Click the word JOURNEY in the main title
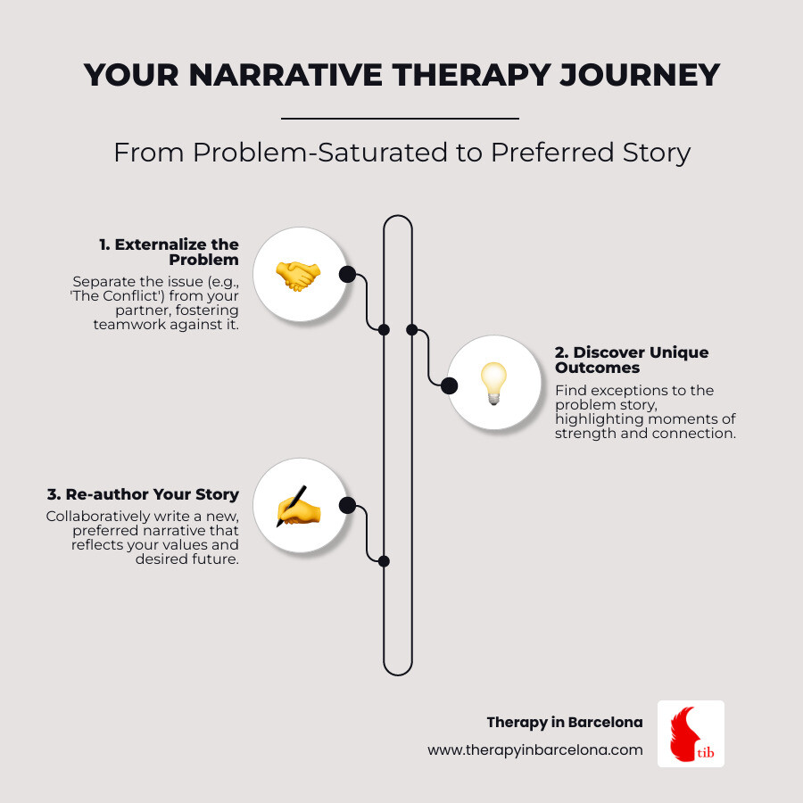[x=639, y=75]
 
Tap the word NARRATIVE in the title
[x=286, y=75]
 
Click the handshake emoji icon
[x=298, y=276]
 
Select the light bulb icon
[x=493, y=383]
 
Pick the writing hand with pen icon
[x=298, y=507]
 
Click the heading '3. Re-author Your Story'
[x=143, y=494]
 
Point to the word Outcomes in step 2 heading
[x=597, y=368]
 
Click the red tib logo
[x=691, y=733]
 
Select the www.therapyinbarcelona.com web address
[x=535, y=750]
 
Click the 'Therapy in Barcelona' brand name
[x=565, y=723]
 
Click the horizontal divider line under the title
[x=400, y=119]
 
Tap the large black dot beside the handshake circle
[x=348, y=275]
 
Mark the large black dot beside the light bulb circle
[x=449, y=385]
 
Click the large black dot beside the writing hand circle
[x=348, y=506]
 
